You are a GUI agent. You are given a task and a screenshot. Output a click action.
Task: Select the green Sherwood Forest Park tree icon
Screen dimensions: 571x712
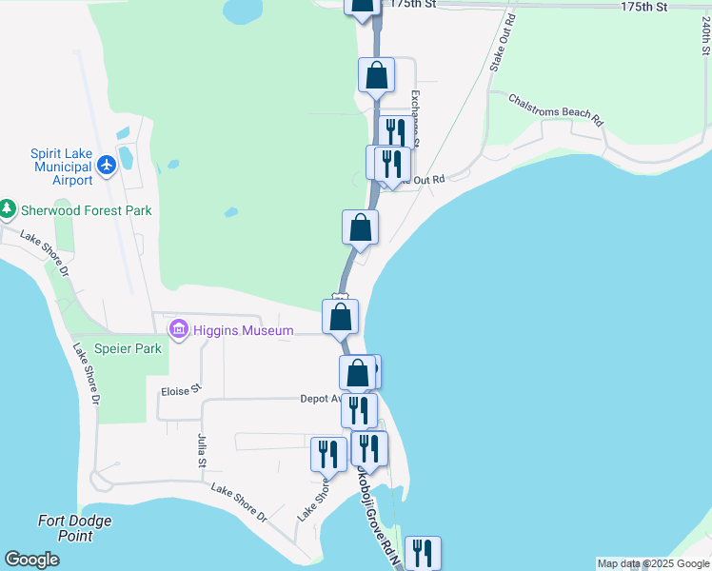point(8,207)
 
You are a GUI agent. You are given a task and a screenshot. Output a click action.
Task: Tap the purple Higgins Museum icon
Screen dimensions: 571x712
point(177,330)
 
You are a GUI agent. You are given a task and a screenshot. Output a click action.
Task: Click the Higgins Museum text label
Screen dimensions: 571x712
point(232,330)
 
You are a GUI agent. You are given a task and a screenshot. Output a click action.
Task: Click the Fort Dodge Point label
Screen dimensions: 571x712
point(74,527)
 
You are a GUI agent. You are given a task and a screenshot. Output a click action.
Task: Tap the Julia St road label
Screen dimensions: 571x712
point(202,450)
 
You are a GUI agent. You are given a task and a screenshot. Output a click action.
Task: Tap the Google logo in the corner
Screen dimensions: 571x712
point(31,560)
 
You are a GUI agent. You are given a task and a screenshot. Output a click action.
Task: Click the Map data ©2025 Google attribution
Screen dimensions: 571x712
point(653,563)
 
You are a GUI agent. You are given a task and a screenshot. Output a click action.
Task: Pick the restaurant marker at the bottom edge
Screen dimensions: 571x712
point(423,553)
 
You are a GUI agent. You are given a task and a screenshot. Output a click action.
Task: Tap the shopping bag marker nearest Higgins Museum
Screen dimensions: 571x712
point(341,316)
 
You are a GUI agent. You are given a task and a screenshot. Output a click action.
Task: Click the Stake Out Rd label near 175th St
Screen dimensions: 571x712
point(502,44)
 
